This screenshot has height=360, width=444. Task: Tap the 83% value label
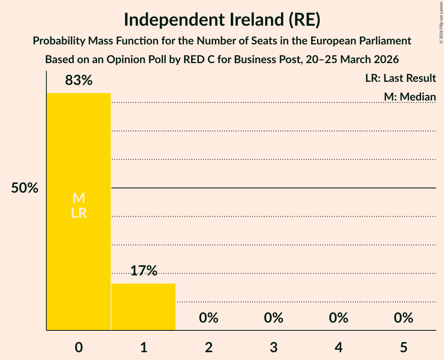79,81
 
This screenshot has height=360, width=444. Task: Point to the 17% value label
143,270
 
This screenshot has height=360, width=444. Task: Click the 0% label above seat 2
209,318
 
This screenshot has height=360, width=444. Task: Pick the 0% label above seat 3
274,318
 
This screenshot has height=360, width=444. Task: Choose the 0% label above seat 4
338,318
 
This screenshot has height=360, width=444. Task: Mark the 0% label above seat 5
403,318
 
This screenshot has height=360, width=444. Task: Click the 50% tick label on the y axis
25,188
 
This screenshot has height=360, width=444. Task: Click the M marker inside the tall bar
79,198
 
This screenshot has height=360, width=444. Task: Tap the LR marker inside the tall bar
79,213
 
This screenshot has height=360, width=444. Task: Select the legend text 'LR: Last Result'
400,78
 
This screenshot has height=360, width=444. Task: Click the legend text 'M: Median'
410,96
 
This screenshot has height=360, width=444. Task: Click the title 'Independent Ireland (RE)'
222,20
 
